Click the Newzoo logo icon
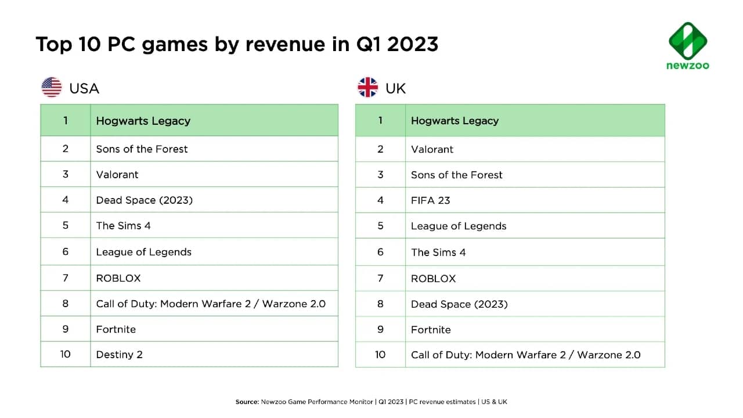click(688, 41)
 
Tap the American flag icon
click(52, 87)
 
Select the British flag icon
click(367, 87)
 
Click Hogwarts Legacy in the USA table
click(143, 121)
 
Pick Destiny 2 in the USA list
click(120, 355)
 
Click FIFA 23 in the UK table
click(431, 200)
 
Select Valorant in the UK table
click(432, 149)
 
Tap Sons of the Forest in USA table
click(142, 149)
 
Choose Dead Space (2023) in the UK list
click(459, 304)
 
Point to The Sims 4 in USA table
click(124, 226)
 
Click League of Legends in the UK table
click(459, 226)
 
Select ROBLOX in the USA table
click(118, 278)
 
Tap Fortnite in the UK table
click(431, 330)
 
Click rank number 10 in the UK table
click(380, 355)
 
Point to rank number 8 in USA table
click(66, 304)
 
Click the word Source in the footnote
click(247, 402)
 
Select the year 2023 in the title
click(413, 44)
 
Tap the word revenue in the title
click(285, 45)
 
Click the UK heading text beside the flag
click(395, 89)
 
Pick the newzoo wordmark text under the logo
click(688, 66)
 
